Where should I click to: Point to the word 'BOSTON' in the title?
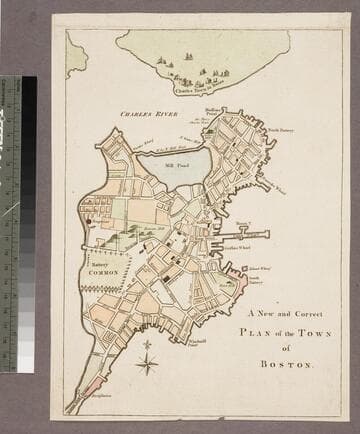pos(286,364)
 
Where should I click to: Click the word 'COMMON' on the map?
pos(103,272)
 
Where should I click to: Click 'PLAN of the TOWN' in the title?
pos(286,332)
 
